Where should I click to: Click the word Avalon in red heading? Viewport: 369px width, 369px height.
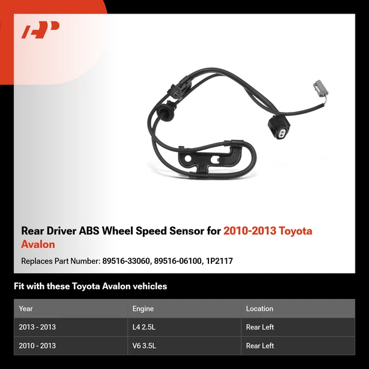click(x=38, y=244)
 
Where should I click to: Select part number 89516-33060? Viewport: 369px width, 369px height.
click(x=129, y=261)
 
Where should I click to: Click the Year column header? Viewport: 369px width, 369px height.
click(x=26, y=309)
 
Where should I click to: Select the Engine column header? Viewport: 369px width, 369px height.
click(x=143, y=309)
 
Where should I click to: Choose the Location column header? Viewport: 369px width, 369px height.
click(x=260, y=309)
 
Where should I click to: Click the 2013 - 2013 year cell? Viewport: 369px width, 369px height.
click(x=37, y=327)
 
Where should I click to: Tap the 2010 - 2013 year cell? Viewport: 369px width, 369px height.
click(x=37, y=346)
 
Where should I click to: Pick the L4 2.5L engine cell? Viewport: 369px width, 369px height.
click(x=145, y=327)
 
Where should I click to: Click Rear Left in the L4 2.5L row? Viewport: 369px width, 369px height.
click(x=260, y=327)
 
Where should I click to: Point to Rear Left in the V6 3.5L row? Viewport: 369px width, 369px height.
click(x=260, y=346)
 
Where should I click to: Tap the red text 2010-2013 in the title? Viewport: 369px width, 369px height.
click(x=250, y=231)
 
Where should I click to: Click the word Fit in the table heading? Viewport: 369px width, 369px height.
click(x=20, y=286)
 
